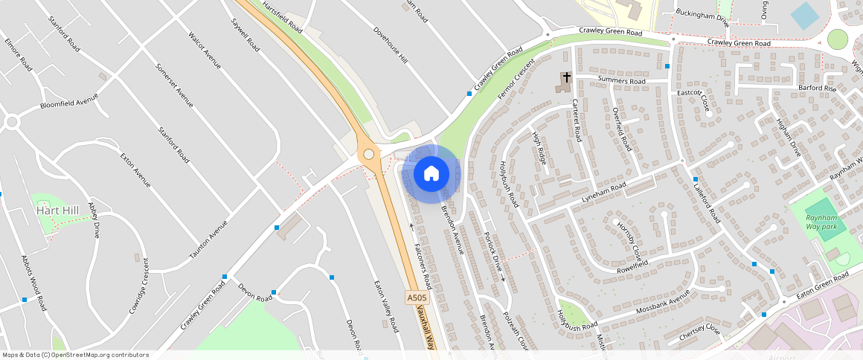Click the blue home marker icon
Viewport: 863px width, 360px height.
click(431, 174)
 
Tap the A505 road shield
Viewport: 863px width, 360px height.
click(417, 298)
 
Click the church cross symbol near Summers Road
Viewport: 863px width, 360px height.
click(566, 77)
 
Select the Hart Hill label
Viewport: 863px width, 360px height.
click(57, 211)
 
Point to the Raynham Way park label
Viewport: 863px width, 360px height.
click(821, 222)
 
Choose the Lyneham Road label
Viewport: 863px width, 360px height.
click(605, 193)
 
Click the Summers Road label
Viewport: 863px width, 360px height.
click(621, 80)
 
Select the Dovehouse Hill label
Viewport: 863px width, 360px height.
click(391, 46)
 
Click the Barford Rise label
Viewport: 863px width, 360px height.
click(818, 89)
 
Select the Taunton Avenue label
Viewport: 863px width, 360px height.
click(208, 240)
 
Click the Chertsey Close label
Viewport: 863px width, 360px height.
click(700, 332)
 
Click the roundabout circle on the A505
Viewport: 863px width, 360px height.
click(368, 154)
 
